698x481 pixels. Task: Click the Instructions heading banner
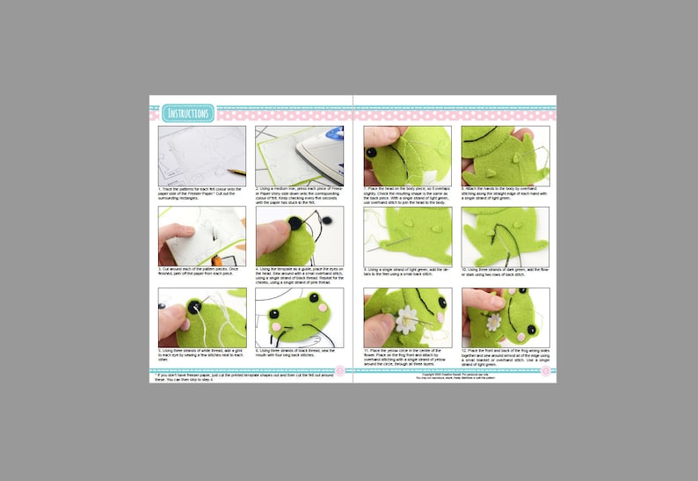pos(188,113)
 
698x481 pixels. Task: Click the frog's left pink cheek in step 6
pos(277,327)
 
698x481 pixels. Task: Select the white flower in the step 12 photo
pos(494,322)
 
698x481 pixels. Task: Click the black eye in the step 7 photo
pos(373,153)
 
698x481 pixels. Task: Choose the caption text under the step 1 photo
pos(201,190)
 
